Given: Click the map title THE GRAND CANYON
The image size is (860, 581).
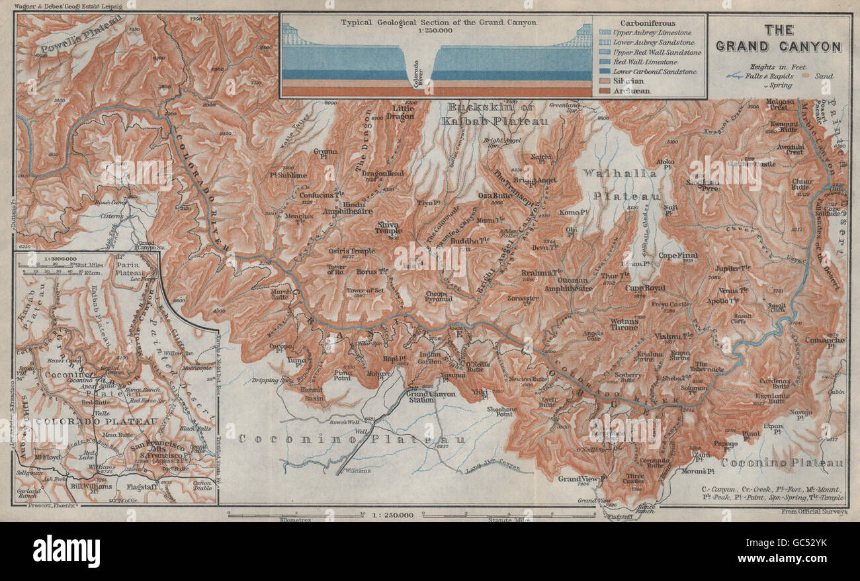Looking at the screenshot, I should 779,38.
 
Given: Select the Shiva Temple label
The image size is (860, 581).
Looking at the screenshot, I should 388,228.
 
